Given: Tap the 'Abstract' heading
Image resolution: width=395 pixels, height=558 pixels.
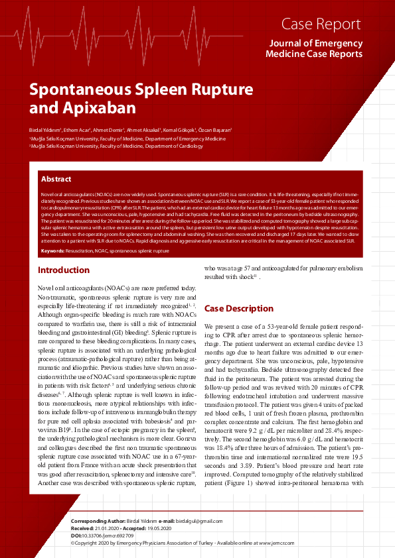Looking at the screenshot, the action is [56, 179].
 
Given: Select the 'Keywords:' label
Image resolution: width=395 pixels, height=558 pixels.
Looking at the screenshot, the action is [52, 251].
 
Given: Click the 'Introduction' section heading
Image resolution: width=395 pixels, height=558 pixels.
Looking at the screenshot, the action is [64, 270].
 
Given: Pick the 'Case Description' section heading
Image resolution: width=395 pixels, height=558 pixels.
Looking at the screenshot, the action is [238, 309].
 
